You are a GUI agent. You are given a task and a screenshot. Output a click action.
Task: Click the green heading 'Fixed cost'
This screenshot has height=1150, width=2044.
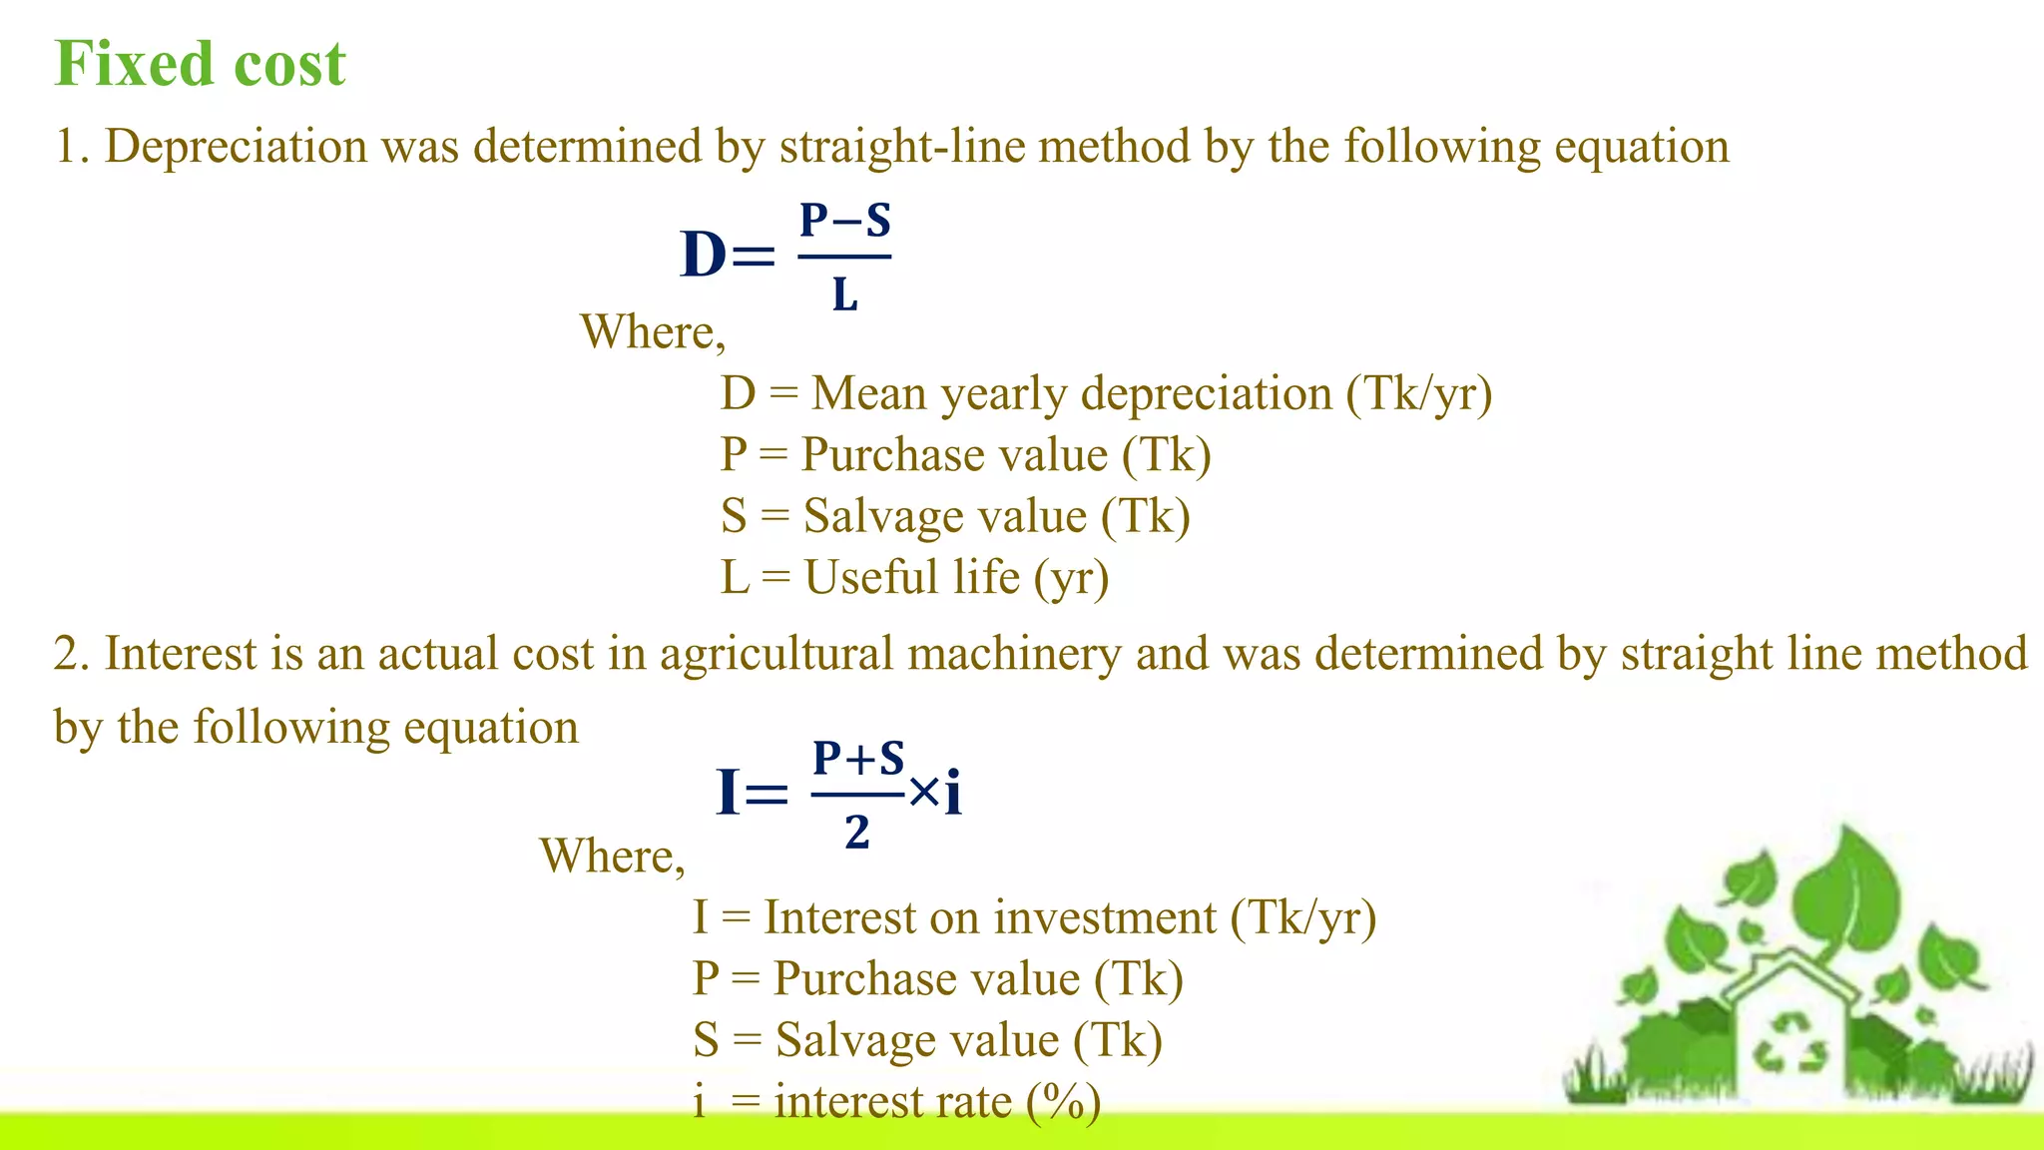200,64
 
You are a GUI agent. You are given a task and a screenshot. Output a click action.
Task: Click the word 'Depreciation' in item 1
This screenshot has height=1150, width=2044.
236,147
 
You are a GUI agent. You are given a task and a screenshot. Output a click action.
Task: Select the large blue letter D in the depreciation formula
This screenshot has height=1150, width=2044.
703,255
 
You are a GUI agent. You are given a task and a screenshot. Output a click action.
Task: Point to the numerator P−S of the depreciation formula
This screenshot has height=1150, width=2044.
844,221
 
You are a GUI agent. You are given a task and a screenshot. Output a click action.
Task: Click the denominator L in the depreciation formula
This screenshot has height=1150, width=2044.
844,295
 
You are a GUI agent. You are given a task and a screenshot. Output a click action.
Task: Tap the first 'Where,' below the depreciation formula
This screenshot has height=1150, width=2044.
653,332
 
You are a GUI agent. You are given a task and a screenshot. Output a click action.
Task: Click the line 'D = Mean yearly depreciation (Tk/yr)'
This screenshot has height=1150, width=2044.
1106,393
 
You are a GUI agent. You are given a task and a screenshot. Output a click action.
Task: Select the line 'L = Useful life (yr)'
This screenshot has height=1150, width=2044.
914,578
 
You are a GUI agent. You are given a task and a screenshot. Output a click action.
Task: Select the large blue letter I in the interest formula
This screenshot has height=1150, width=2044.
729,794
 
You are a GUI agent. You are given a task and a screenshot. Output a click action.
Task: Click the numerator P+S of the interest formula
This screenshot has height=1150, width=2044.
857,759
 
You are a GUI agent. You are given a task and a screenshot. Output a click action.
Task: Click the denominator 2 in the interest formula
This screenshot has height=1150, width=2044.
856,833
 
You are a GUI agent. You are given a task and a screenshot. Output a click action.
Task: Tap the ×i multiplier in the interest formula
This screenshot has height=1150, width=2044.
936,794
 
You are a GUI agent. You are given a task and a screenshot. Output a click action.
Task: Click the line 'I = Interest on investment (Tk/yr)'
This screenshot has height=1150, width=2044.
1034,917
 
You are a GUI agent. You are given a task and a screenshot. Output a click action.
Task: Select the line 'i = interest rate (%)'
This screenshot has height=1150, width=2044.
896,1102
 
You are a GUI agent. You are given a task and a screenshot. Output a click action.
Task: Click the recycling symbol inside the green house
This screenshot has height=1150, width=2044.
1789,1043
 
